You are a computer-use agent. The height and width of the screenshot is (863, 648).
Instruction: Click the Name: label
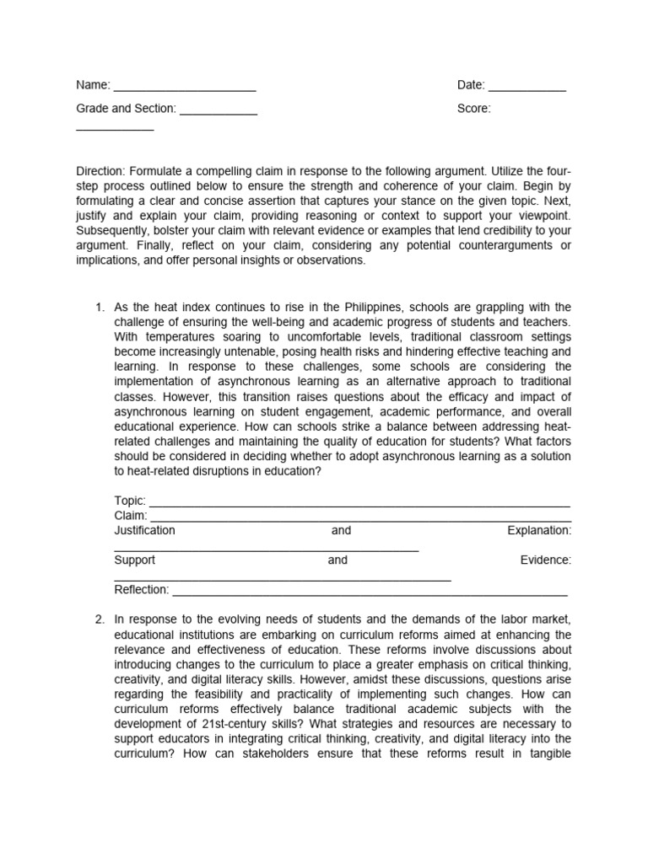(93, 85)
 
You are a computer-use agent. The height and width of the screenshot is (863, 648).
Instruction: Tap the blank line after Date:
(527, 88)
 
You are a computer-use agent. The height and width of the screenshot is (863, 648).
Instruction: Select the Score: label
(473, 109)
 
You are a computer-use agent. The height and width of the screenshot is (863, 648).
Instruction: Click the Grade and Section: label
(126, 109)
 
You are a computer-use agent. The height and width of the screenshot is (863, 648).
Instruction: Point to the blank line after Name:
(184, 88)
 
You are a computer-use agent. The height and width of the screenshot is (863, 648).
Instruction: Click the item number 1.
(100, 307)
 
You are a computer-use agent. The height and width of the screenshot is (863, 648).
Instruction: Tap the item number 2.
(100, 619)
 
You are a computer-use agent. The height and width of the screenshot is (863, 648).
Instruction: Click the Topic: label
(130, 501)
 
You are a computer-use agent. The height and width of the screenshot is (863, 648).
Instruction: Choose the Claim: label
(131, 516)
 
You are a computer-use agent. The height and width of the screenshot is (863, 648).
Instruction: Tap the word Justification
(144, 531)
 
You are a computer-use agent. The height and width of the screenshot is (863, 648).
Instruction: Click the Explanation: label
(539, 531)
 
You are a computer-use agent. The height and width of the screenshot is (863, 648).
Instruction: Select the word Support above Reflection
(135, 560)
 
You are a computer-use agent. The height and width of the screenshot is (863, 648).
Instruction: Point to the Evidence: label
(546, 560)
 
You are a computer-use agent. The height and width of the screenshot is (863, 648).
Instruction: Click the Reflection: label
(142, 590)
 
